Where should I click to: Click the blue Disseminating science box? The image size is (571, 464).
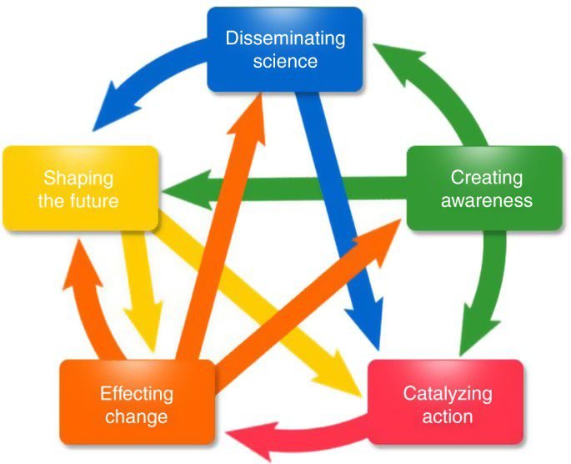[x=285, y=49]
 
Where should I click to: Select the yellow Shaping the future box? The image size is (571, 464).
[x=81, y=189]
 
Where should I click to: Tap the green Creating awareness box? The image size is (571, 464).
[x=484, y=189]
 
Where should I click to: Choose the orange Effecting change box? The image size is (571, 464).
[x=138, y=402]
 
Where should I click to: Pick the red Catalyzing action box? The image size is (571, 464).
[x=446, y=402]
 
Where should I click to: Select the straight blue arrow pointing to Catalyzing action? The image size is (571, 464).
[x=338, y=219]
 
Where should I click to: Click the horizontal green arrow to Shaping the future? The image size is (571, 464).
[x=284, y=189]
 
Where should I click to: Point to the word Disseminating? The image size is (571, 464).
[x=285, y=38]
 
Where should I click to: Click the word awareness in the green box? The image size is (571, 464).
[x=487, y=201]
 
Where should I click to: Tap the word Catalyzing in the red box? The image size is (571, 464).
[x=448, y=395]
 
